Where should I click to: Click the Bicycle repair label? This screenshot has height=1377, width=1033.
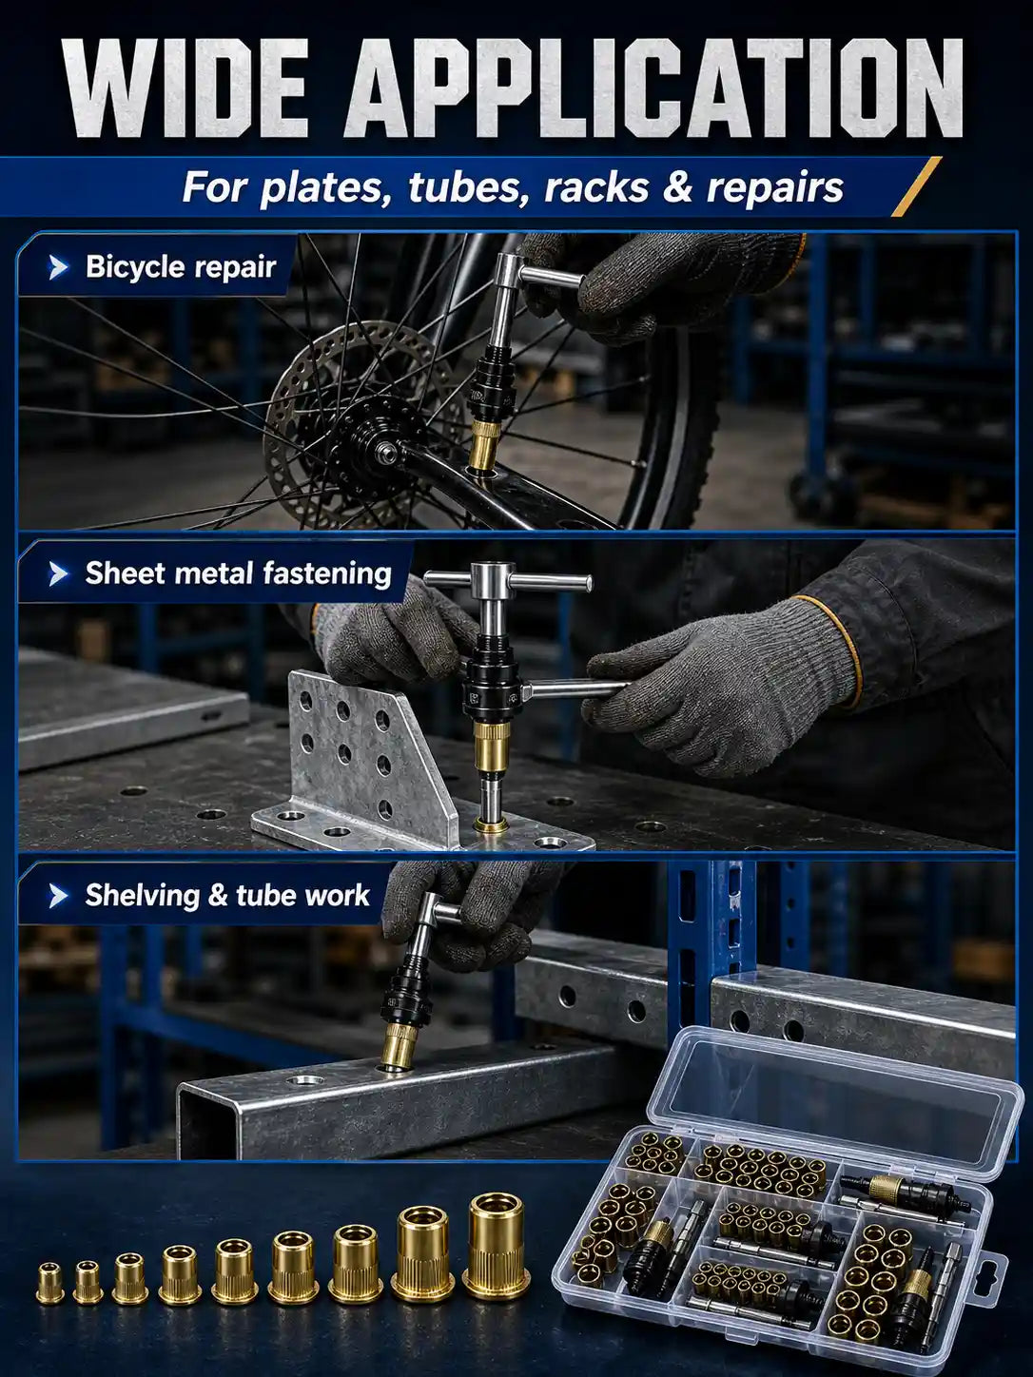point(181,267)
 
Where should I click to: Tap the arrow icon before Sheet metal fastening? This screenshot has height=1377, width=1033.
point(58,574)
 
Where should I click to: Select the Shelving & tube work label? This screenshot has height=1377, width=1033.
point(227,895)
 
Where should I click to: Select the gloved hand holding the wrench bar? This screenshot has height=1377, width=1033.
point(721,696)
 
